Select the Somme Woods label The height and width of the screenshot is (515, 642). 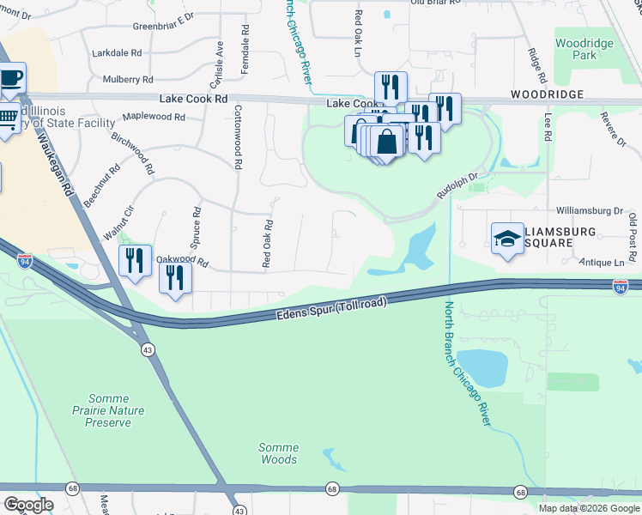click(x=279, y=453)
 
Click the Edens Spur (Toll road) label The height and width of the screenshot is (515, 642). click(x=331, y=310)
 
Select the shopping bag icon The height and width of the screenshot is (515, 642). click(x=387, y=142)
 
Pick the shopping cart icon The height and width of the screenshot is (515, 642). click(x=7, y=118)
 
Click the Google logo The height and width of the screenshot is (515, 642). click(x=28, y=505)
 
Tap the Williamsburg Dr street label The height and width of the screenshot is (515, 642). click(x=589, y=209)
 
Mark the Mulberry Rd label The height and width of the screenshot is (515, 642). click(x=127, y=79)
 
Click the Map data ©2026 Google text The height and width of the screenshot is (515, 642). click(x=589, y=508)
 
